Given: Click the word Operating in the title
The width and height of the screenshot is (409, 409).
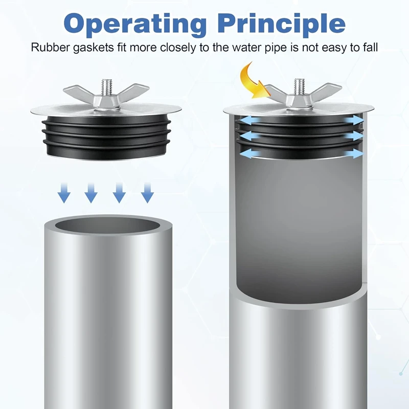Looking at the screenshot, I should tap(134, 24).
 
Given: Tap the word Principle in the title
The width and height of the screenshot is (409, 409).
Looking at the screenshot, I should tap(281, 24).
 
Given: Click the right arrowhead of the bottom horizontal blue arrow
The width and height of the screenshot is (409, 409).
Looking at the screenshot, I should tap(358, 153).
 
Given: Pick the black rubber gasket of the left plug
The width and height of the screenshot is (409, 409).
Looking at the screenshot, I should tap(106, 135).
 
